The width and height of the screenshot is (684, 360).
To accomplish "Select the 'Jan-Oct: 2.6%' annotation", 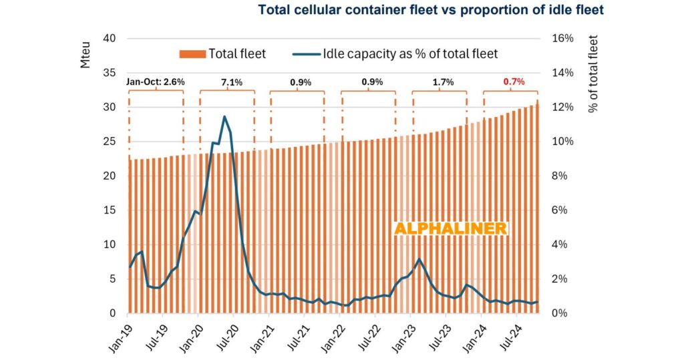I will (x=155, y=82).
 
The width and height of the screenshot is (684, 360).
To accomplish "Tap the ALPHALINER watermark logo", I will (x=451, y=228).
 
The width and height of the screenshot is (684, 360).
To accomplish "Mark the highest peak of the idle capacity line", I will (x=224, y=117).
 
